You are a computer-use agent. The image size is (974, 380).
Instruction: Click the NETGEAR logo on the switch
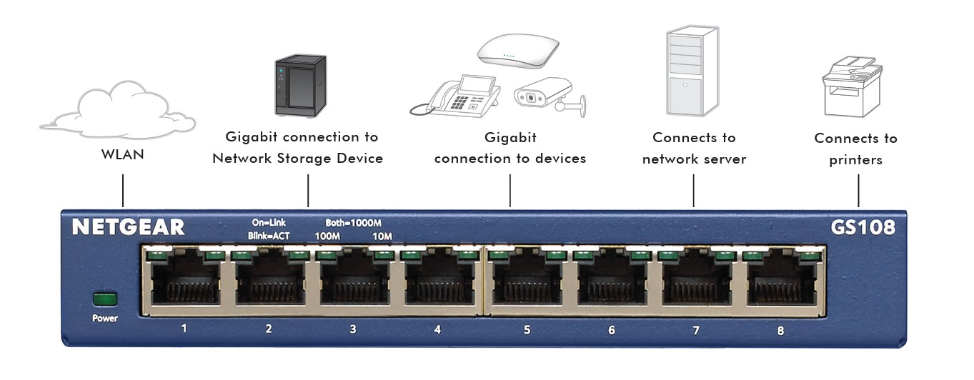[x=128, y=227]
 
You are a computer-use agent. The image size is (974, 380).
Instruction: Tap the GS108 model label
[x=863, y=227]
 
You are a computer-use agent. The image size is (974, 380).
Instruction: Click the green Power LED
[x=104, y=299]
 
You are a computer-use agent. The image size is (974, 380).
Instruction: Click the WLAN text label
[x=122, y=154]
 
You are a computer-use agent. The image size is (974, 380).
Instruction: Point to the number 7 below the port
[x=695, y=330]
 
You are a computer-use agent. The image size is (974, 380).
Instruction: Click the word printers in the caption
[x=855, y=160]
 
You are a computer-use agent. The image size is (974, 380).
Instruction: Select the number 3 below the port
[x=352, y=329]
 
